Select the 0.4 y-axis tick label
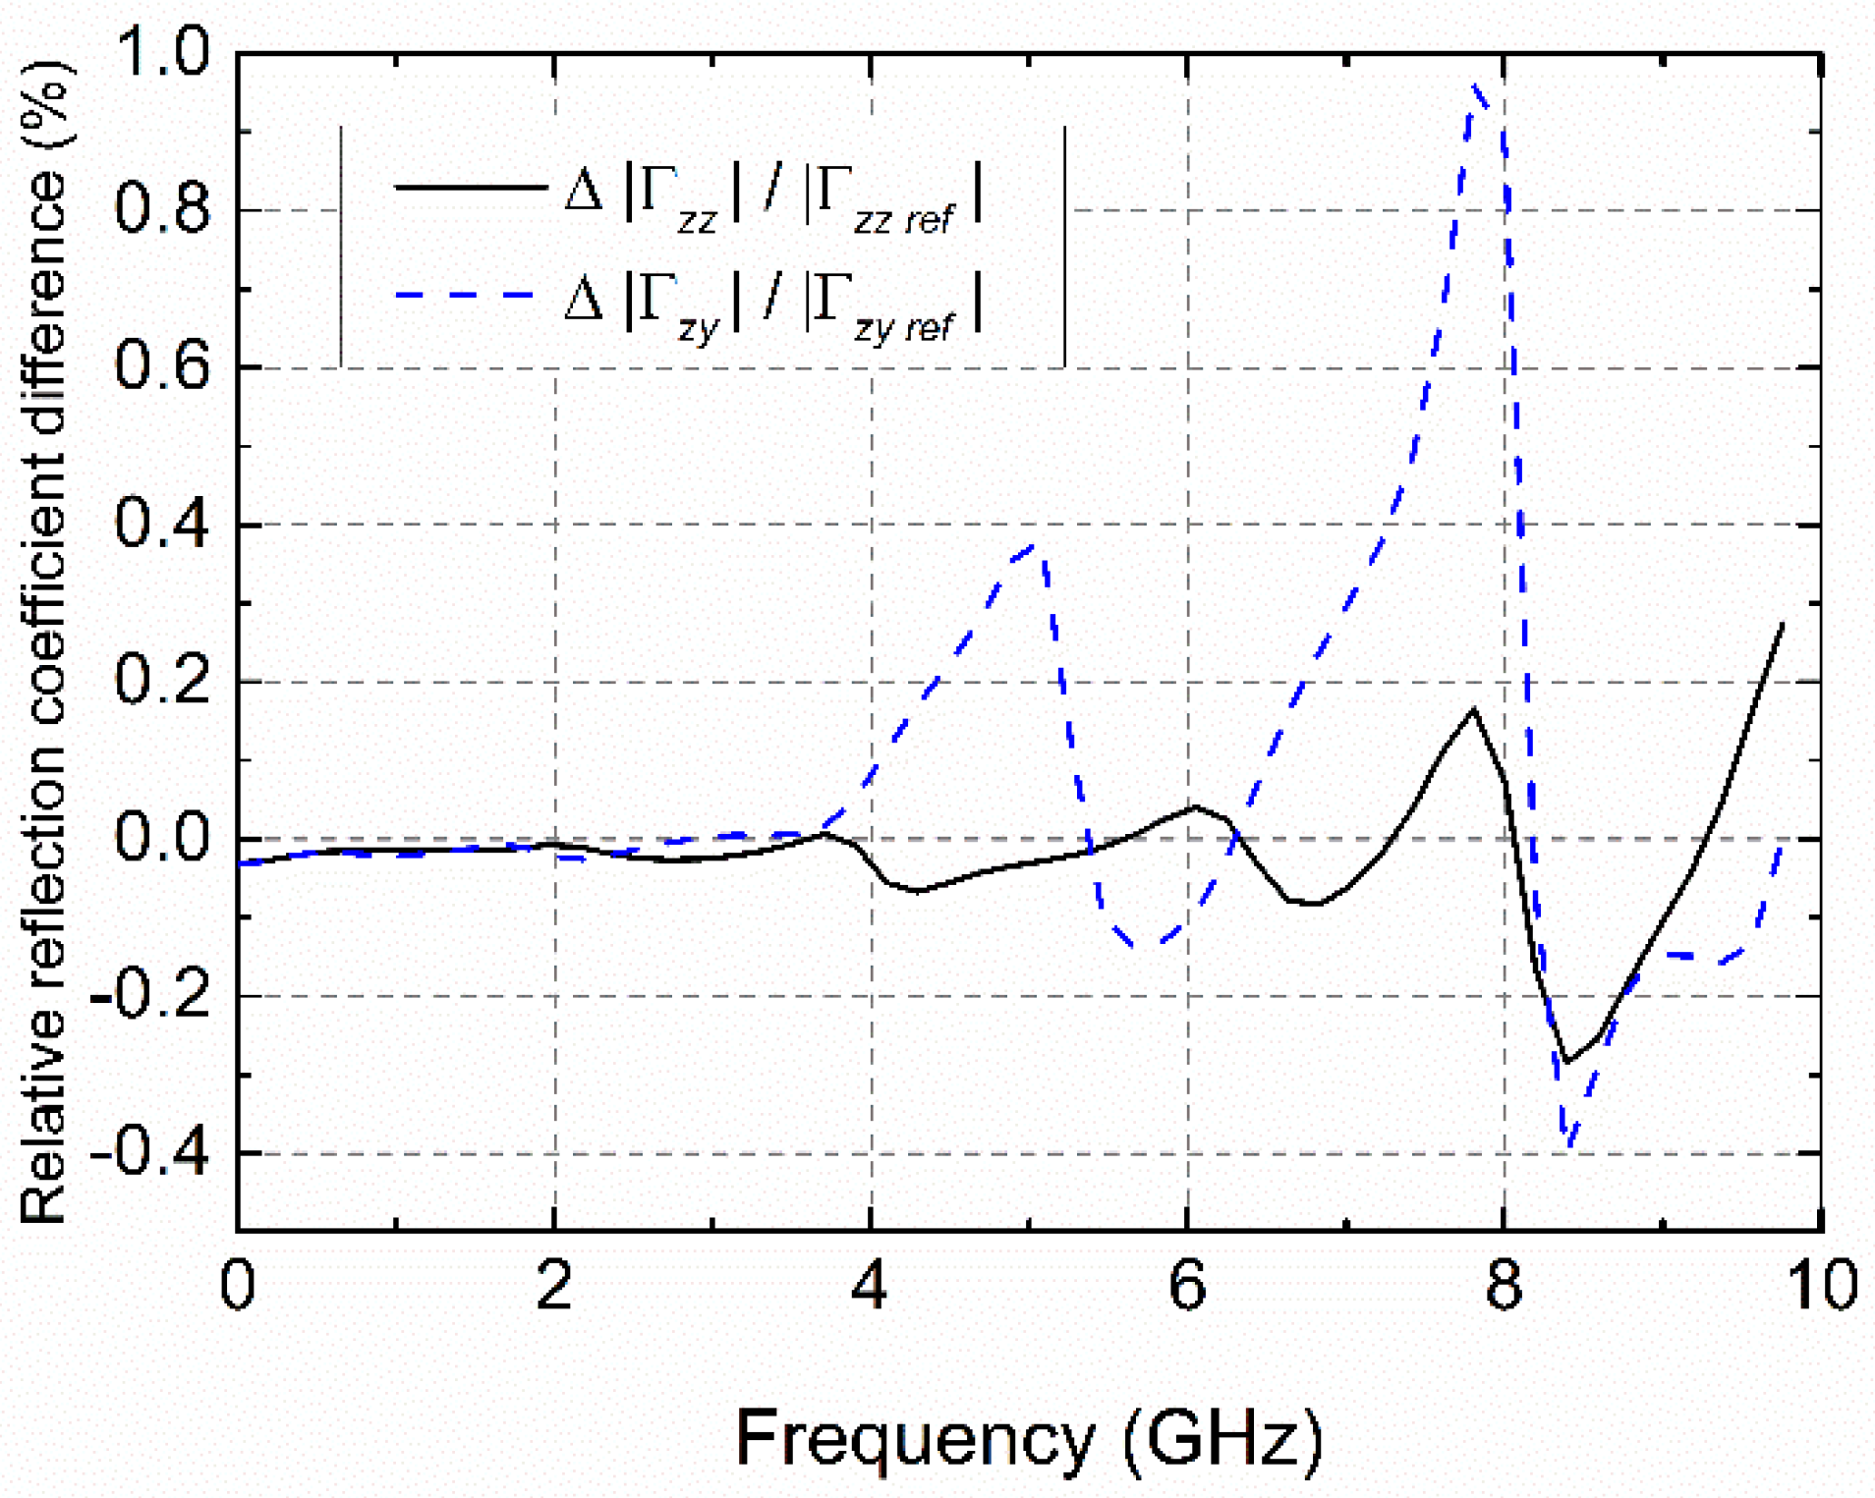click(162, 524)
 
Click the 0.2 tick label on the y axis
click(162, 681)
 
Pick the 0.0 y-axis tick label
click(162, 838)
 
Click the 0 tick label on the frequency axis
click(237, 1284)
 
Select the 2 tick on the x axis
click(554, 1284)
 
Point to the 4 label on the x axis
click(871, 1284)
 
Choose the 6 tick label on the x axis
click(1187, 1284)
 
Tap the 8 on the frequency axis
click(1504, 1284)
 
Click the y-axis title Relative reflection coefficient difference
click(44, 638)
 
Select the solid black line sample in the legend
click(470, 187)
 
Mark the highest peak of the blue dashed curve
click(1475, 86)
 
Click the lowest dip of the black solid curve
click(1565, 1062)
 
